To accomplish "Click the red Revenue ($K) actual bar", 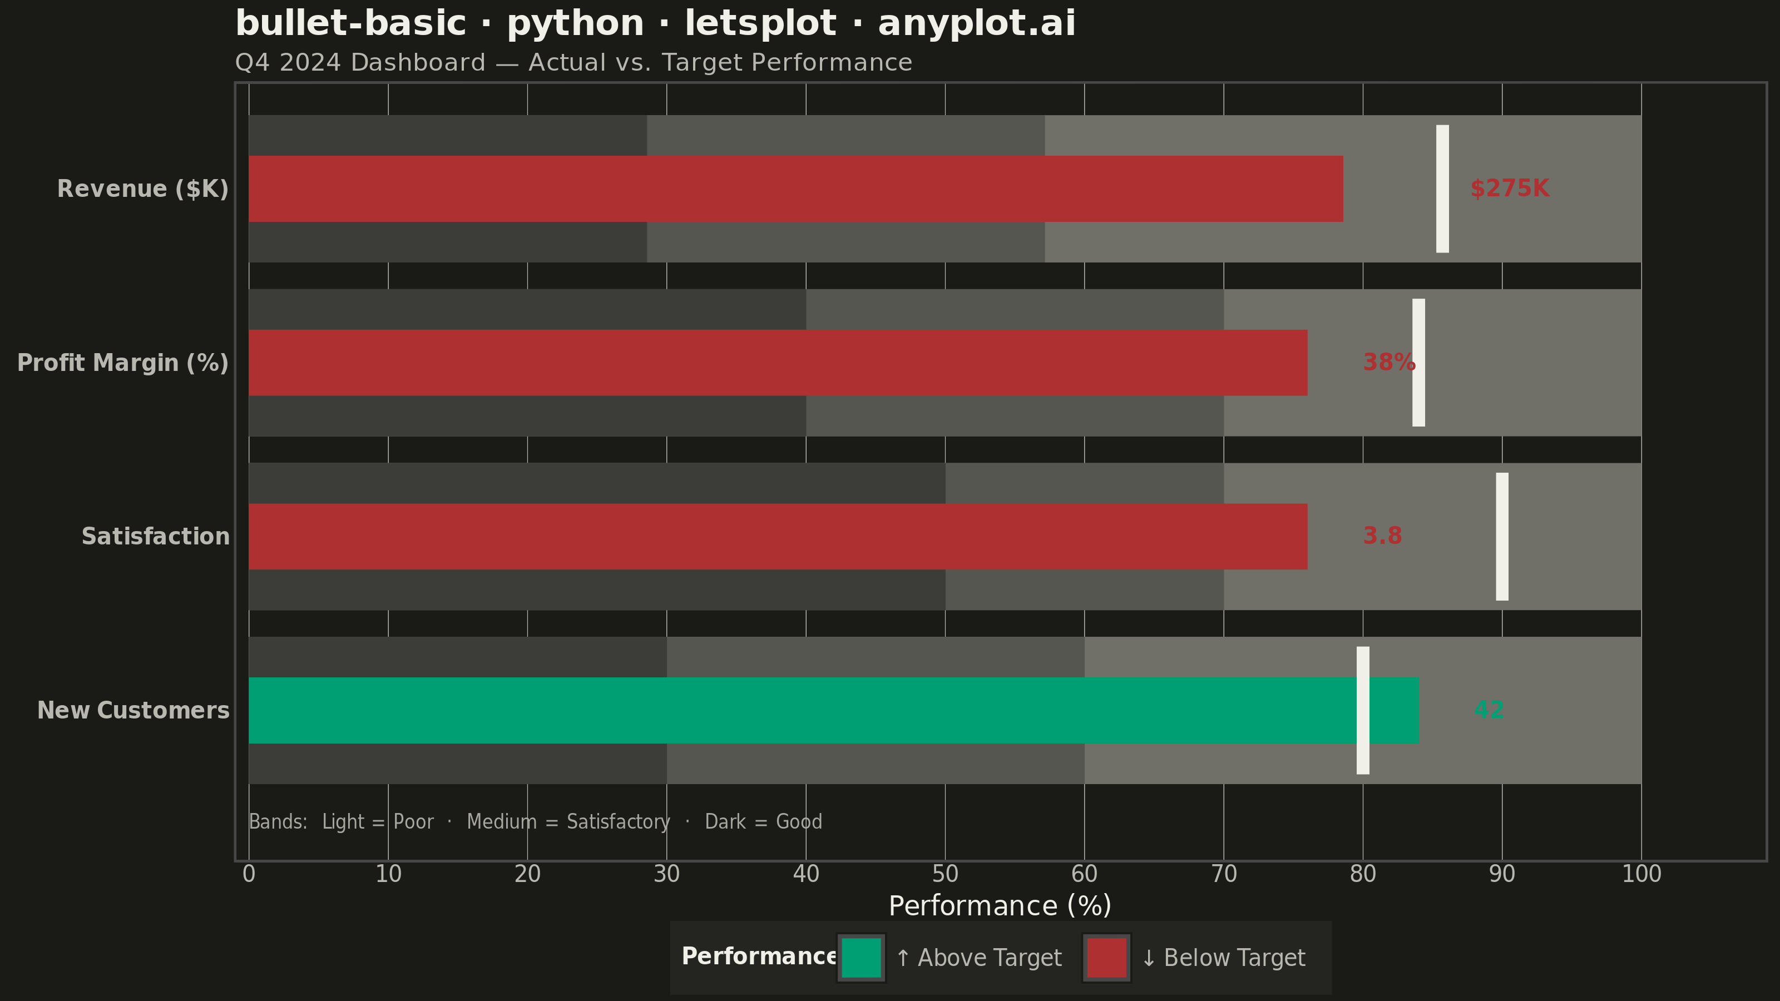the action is coord(796,189).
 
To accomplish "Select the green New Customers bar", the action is coord(833,710).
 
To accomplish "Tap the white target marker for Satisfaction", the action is coord(1502,537).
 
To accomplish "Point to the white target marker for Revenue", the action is coord(1443,189).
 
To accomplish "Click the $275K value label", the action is coord(1510,189).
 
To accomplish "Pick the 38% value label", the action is coord(1389,362).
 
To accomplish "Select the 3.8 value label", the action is coord(1382,536).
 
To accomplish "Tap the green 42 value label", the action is coord(1489,710).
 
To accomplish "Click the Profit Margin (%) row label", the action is coord(123,363).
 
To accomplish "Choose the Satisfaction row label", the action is coord(156,536).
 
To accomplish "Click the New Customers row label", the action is coord(133,710).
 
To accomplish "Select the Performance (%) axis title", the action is coord(1000,906).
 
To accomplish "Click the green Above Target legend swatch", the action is coord(861,958).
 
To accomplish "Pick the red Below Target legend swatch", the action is coord(1107,958).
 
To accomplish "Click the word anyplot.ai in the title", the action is coord(976,23).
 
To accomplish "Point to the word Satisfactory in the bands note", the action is coord(619,822).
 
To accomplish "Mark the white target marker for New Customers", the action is coord(1363,711).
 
